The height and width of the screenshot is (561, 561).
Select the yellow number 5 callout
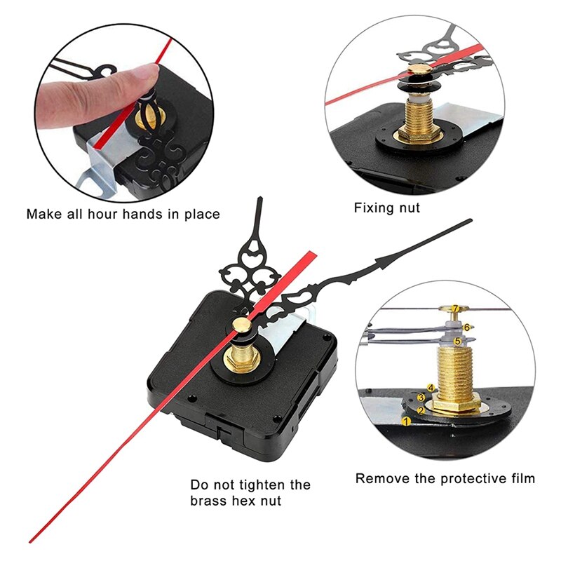tap(457, 341)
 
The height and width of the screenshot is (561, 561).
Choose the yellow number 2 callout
tap(420, 410)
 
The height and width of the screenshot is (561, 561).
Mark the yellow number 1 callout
tap(405, 421)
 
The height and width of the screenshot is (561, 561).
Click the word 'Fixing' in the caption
tap(372, 208)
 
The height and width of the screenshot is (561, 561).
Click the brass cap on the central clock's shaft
tap(240, 324)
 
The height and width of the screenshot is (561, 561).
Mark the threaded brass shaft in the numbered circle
tap(456, 372)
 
